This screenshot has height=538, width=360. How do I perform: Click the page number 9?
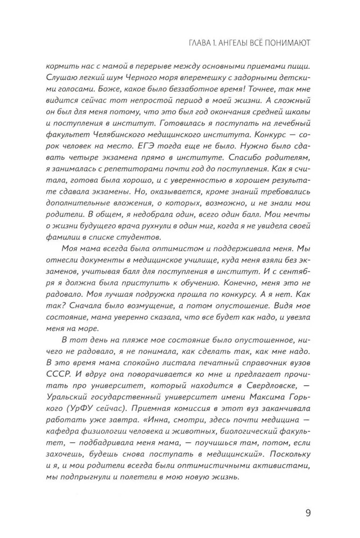tap(308, 512)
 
